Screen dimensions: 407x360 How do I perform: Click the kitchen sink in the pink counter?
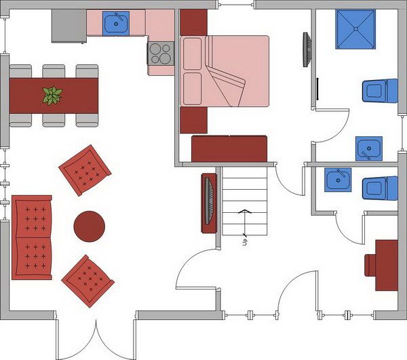click(x=116, y=23)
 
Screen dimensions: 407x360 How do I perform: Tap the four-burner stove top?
click(x=161, y=53)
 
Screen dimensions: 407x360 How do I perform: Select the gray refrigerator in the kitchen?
click(x=69, y=26)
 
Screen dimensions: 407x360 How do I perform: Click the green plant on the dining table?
click(x=52, y=96)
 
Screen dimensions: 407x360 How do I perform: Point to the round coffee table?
click(x=90, y=226)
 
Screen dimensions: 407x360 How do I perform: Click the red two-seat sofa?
click(x=32, y=237)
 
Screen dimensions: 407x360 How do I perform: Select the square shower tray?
click(x=355, y=29)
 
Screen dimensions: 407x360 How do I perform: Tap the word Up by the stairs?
click(x=245, y=242)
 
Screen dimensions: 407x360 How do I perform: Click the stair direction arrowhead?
click(x=245, y=211)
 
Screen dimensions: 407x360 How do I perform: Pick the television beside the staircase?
click(x=209, y=203)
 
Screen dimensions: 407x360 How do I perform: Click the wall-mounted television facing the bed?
click(x=307, y=49)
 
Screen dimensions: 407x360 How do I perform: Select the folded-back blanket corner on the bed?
click(x=227, y=85)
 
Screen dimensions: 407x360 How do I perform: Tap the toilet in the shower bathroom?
click(x=380, y=91)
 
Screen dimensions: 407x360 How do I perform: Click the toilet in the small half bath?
click(x=380, y=188)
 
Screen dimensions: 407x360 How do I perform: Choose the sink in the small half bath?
click(x=338, y=180)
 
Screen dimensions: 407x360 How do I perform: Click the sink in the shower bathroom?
click(x=369, y=149)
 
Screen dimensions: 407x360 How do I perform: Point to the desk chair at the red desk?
click(x=368, y=265)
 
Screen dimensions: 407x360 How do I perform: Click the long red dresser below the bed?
click(x=229, y=148)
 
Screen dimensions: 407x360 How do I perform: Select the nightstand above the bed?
click(x=193, y=22)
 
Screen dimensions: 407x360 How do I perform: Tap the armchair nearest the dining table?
click(x=85, y=170)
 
